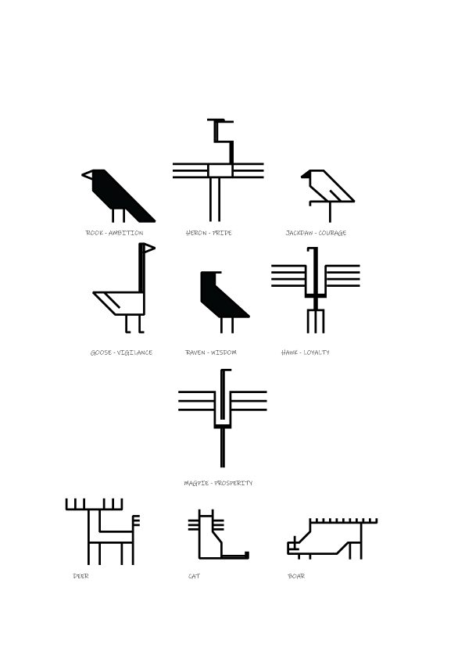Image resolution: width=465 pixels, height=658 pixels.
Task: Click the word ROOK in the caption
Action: [95, 233]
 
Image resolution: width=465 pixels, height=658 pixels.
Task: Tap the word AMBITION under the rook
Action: [126, 233]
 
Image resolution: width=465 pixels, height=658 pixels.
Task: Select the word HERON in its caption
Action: [196, 233]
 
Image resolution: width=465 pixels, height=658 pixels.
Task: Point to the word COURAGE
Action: [332, 233]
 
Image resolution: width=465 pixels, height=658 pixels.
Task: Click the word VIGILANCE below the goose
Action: [134, 352]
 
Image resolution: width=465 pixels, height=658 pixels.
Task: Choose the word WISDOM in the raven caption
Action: [224, 352]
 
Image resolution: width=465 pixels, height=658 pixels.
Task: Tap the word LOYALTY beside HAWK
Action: [317, 352]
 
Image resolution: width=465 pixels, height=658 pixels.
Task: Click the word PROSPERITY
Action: [234, 483]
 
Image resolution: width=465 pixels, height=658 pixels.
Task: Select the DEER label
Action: [81, 576]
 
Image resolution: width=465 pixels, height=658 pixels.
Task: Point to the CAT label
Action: [195, 576]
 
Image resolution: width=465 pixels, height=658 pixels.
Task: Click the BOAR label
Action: [296, 576]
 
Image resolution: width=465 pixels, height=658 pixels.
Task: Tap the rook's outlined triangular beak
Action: [88, 174]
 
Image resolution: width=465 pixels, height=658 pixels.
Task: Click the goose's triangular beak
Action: [149, 249]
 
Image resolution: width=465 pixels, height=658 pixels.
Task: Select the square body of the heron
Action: [220, 170]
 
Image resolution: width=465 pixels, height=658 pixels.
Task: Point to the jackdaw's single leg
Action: [330, 212]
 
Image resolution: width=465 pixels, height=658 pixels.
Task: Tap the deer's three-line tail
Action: [137, 520]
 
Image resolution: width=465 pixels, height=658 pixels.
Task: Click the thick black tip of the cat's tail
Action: [247, 555]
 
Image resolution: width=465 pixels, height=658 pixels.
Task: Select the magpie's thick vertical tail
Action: [223, 447]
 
